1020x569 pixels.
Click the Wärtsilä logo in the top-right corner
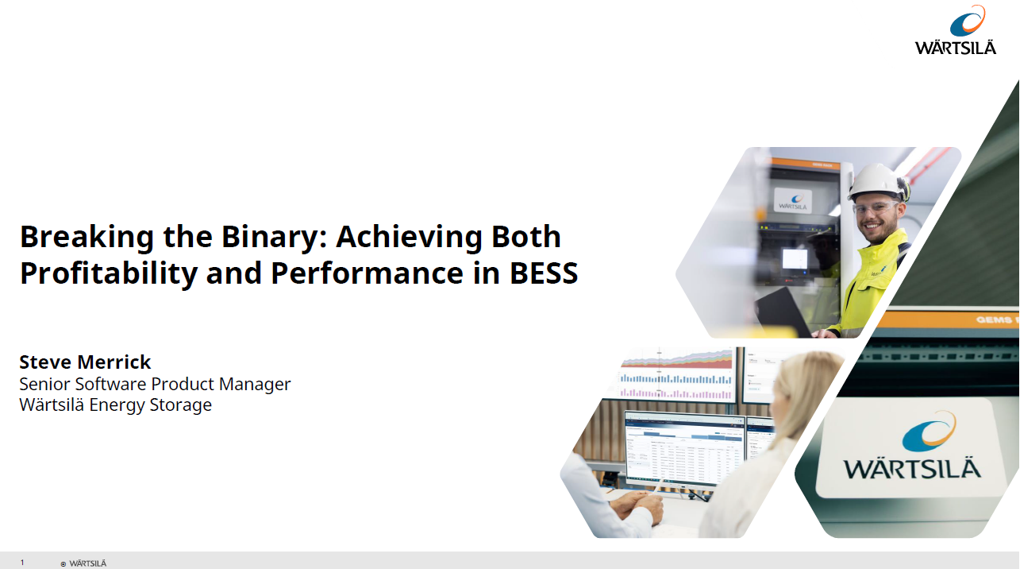tap(956, 30)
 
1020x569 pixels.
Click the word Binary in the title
tap(275, 237)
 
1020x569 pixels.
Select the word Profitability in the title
tap(109, 273)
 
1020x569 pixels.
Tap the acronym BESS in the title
tap(543, 273)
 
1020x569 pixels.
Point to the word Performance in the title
tap(367, 273)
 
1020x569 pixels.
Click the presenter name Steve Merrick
tap(85, 362)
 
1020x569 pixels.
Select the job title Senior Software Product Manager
tap(155, 385)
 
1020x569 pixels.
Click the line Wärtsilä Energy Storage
tap(116, 404)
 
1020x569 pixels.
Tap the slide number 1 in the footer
tap(22, 563)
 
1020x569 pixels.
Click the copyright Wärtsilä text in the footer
tap(83, 563)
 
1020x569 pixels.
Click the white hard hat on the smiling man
tap(877, 182)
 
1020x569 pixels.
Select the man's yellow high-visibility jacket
tap(869, 283)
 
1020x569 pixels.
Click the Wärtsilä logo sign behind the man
tap(793, 200)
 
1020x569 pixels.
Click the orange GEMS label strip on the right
tap(946, 319)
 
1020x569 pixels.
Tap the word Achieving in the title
tap(409, 237)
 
